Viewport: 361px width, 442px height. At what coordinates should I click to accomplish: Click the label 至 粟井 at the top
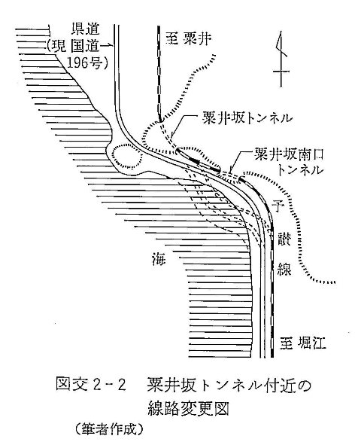[188, 38]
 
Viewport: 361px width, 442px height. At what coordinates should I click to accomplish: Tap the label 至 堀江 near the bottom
[302, 343]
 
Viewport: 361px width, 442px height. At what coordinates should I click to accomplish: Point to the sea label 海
[158, 259]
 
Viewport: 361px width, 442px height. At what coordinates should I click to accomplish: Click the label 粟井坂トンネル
[247, 118]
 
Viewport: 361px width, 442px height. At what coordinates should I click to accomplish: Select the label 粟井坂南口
[290, 155]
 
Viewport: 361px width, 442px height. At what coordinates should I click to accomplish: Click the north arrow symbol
[281, 59]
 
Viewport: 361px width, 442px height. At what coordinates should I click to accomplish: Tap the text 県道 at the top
[85, 29]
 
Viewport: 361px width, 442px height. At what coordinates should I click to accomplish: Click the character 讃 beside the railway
[284, 239]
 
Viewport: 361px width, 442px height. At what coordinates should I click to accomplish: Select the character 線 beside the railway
[284, 268]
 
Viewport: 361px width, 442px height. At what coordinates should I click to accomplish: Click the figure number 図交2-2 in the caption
[90, 385]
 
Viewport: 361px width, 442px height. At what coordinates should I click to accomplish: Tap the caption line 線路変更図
[188, 409]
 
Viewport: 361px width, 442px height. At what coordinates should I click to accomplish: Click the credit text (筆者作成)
[109, 430]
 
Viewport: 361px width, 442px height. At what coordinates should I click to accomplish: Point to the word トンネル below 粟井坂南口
[301, 170]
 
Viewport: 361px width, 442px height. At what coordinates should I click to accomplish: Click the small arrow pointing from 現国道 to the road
[108, 45]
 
